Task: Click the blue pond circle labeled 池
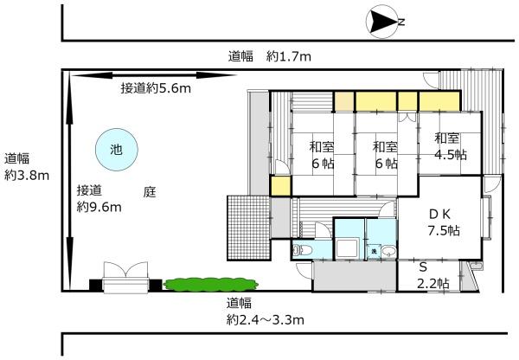(x=117, y=150)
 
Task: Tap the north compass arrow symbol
(x=382, y=22)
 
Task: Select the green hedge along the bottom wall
(x=212, y=285)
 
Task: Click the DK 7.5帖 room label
(x=444, y=222)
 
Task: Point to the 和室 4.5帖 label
(x=451, y=146)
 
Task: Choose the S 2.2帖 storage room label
(x=432, y=275)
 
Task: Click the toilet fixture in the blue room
(x=303, y=250)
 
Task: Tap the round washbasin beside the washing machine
(x=388, y=251)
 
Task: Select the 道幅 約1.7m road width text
(x=270, y=56)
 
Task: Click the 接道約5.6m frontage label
(x=156, y=88)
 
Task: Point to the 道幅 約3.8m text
(x=27, y=167)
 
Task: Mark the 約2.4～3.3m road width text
(x=266, y=320)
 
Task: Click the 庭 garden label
(x=150, y=192)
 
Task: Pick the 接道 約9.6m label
(x=99, y=199)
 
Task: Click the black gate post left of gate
(x=96, y=286)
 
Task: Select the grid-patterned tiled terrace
(x=248, y=228)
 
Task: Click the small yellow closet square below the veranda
(x=280, y=186)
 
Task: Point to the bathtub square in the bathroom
(x=347, y=248)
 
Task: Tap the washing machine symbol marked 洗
(x=374, y=251)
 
